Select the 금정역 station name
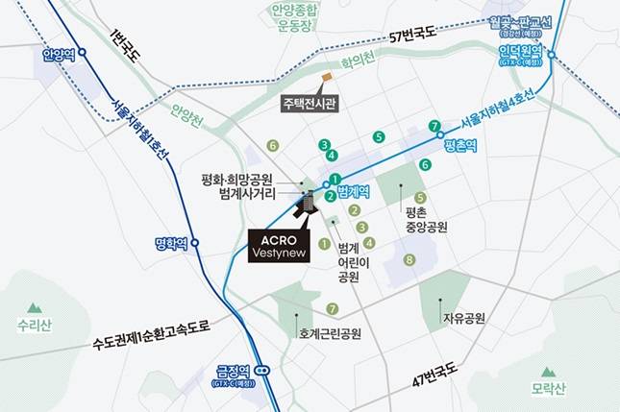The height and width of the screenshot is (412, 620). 234,369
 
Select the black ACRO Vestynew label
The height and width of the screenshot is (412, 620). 276,245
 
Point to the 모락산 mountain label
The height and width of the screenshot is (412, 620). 549,388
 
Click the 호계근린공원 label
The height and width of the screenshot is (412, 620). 329,333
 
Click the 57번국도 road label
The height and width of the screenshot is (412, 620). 412,37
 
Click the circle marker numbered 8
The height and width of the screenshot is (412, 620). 409,259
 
